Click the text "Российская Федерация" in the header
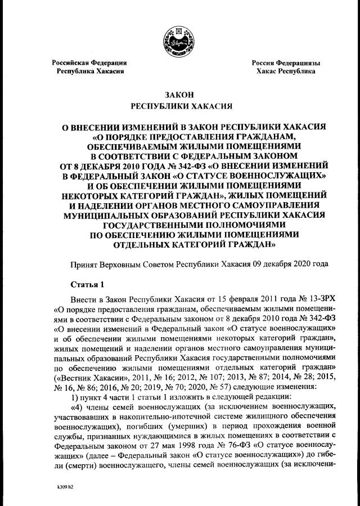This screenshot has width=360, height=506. click(89, 63)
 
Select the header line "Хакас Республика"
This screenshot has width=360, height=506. click(286, 71)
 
